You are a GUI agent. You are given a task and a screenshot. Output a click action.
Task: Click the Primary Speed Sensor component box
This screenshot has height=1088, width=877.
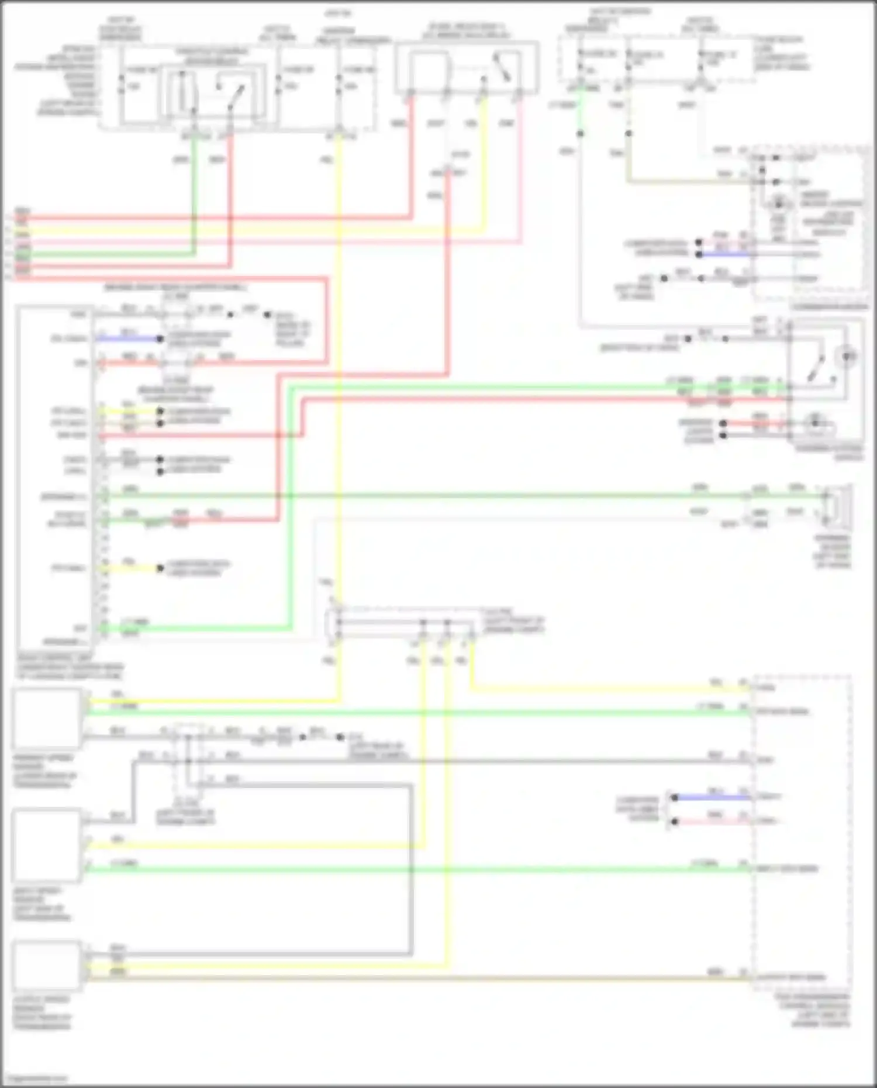[x=47, y=719]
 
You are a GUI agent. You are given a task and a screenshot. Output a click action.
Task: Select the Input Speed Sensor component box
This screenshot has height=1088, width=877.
[x=47, y=845]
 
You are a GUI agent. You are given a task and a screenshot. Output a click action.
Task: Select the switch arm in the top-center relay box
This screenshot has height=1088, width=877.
[x=502, y=67]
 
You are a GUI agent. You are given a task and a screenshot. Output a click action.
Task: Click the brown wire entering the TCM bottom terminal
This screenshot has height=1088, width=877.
[x=713, y=978]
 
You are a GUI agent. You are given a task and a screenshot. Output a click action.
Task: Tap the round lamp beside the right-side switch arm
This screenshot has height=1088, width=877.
[x=848, y=355]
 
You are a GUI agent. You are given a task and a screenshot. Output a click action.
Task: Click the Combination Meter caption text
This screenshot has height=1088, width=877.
[x=830, y=306]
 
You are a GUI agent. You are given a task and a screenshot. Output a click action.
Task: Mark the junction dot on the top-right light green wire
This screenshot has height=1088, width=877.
[x=580, y=134]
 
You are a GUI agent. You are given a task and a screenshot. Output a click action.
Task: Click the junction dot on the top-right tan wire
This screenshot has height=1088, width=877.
[x=629, y=134]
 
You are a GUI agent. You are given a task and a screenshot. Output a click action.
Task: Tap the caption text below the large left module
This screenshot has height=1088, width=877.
[x=70, y=666]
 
